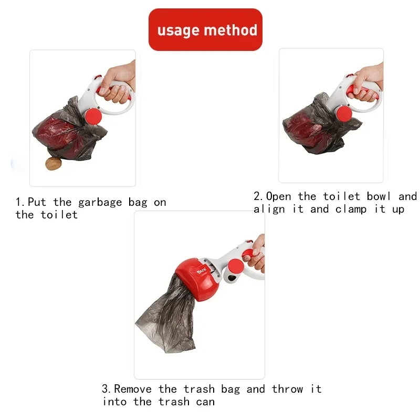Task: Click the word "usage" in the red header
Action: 178,30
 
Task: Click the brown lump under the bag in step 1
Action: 53,164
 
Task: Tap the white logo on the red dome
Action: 202,271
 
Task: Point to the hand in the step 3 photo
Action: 256,254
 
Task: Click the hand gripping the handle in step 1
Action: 117,84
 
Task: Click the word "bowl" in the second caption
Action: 379,196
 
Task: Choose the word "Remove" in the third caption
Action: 134,389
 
